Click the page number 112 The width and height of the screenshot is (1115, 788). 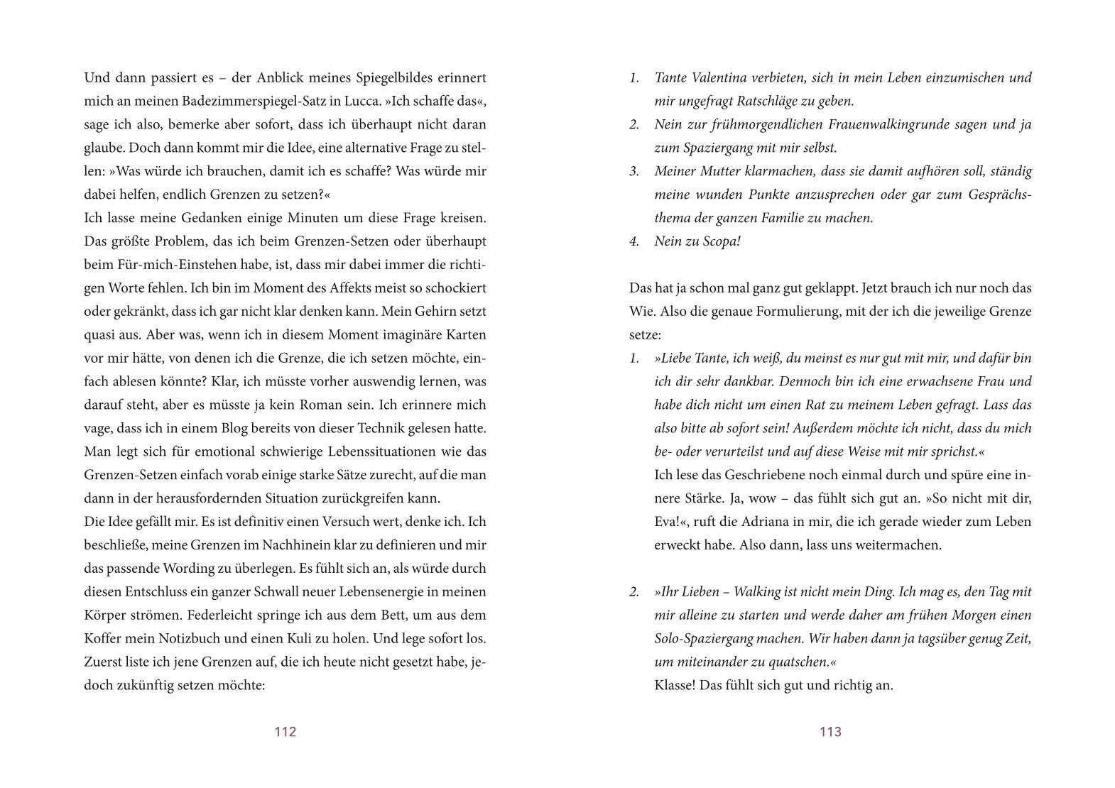(285, 732)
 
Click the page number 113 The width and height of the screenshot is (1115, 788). (830, 732)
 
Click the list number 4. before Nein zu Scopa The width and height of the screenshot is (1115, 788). (634, 241)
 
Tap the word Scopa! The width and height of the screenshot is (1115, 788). (719, 241)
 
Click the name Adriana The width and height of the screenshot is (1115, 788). (763, 522)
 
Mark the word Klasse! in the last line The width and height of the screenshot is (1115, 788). (675, 685)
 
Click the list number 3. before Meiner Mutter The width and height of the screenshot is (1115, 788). (634, 171)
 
